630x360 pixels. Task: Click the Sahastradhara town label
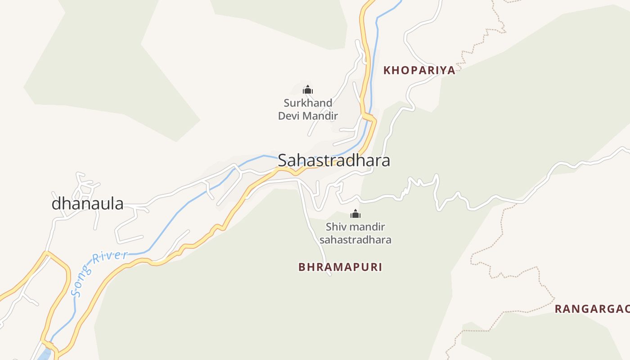[x=333, y=160]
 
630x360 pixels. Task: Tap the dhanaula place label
[x=87, y=203]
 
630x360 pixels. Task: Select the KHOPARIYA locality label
[x=419, y=71]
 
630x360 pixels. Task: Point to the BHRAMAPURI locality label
[x=340, y=267]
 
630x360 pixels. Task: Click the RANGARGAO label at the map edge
[x=591, y=309]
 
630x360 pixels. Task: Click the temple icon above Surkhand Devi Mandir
[x=308, y=90]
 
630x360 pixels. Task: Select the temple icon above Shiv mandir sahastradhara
[x=355, y=214]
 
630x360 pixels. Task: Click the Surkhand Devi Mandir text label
[x=308, y=109]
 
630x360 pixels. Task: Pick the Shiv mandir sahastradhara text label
[x=355, y=233]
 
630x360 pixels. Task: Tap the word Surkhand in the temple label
[x=308, y=103]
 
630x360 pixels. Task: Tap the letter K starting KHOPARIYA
[x=387, y=71]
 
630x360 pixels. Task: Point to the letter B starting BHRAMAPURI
[x=302, y=267]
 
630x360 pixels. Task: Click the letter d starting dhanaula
[x=56, y=203]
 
